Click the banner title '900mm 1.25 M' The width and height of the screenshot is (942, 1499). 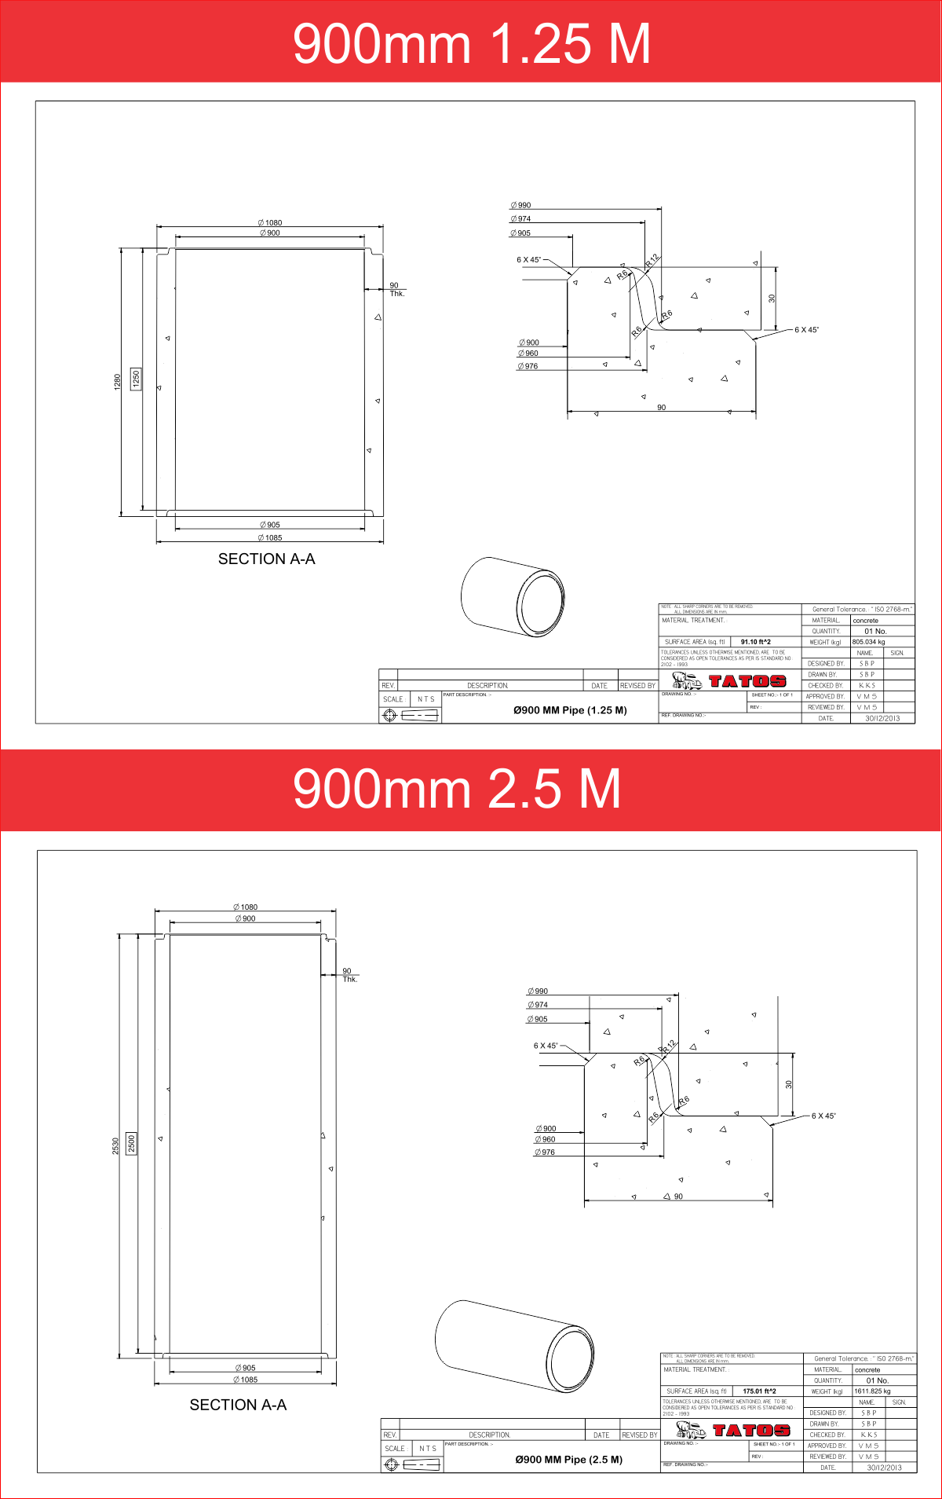click(471, 43)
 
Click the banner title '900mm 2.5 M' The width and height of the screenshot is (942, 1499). click(457, 789)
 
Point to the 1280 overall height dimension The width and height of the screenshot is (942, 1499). click(118, 381)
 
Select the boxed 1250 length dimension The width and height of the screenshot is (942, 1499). click(136, 379)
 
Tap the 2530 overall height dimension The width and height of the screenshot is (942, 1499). click(115, 1145)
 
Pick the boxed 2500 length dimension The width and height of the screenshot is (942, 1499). click(131, 1143)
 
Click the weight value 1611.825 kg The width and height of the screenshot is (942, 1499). click(872, 1391)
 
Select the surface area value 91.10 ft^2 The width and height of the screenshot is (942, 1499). click(755, 642)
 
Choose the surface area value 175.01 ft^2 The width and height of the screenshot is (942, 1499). click(758, 1391)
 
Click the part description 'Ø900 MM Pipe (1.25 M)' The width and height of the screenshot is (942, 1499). click(570, 710)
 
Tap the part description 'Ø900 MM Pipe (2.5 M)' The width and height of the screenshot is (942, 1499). click(568, 1460)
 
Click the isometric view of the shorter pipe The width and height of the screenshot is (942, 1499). click(512, 596)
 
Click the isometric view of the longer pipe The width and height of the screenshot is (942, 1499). click(514, 1346)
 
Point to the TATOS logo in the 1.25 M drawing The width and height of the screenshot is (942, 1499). click(747, 681)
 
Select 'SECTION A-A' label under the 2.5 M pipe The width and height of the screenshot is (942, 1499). click(238, 1405)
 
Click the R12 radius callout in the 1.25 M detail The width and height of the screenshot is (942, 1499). click(652, 261)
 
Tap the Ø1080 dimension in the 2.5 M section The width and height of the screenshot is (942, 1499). click(245, 907)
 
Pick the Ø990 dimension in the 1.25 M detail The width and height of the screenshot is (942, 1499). click(520, 205)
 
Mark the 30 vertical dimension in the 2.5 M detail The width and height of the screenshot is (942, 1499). click(788, 1084)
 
